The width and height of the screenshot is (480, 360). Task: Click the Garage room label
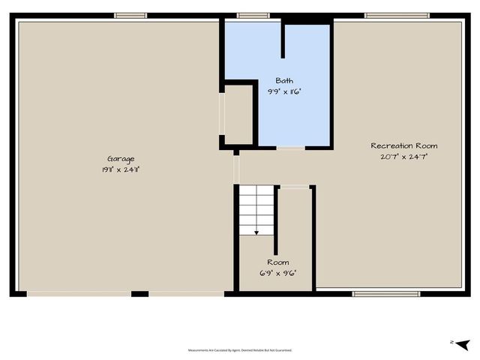click(x=120, y=158)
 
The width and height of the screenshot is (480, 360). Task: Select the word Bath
click(x=284, y=80)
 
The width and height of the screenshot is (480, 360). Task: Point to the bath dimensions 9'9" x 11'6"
click(x=284, y=91)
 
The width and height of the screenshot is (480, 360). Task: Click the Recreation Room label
click(x=403, y=145)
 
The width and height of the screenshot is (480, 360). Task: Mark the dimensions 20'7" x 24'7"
click(x=403, y=157)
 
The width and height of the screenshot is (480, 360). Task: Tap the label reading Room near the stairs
click(x=277, y=262)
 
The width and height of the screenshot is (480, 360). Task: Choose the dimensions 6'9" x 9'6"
click(x=277, y=273)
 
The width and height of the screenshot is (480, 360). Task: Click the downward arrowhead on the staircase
click(x=256, y=232)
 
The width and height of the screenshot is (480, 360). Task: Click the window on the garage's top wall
click(x=130, y=15)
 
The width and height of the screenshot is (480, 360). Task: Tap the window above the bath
click(x=253, y=15)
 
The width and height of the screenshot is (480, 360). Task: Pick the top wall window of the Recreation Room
click(x=397, y=15)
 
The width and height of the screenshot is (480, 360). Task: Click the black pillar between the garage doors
click(x=139, y=293)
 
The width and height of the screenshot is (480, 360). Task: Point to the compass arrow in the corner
click(x=462, y=343)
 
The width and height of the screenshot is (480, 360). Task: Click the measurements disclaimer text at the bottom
click(x=240, y=350)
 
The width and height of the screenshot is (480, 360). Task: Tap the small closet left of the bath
click(x=238, y=115)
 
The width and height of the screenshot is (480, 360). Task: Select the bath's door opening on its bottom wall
click(x=291, y=148)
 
